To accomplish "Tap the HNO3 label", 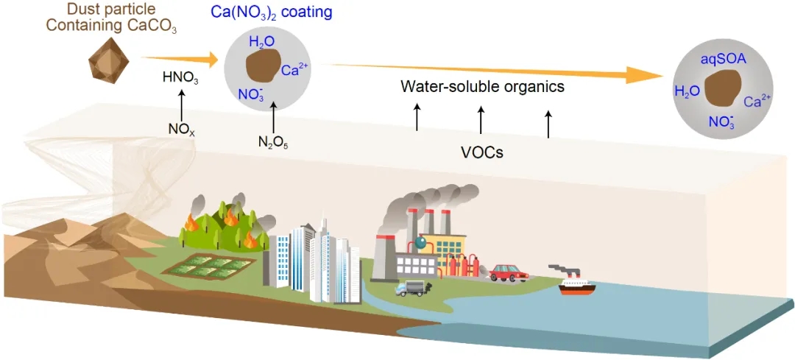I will (181, 77).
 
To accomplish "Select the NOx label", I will (181, 128).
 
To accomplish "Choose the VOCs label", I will (481, 153).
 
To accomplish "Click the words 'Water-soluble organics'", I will (482, 87).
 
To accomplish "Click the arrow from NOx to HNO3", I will (181, 102).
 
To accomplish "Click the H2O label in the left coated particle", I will (262, 43).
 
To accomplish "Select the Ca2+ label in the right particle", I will (757, 102).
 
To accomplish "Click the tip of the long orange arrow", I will (662, 75).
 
